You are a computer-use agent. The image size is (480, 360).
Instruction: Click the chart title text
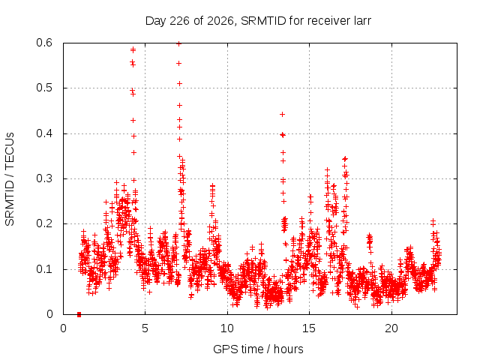[258, 21]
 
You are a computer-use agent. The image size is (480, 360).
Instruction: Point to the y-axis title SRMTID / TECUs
[10, 179]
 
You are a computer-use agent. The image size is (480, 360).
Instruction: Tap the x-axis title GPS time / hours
[258, 349]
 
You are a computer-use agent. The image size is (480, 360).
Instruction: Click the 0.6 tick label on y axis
[44, 43]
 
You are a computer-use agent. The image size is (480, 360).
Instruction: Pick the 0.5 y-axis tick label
[44, 88]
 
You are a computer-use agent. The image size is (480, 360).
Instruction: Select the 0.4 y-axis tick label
[44, 133]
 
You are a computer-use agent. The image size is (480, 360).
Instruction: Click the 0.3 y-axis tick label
[44, 178]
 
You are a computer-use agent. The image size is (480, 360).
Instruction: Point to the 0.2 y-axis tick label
[44, 223]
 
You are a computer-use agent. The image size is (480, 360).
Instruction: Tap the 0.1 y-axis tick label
[44, 269]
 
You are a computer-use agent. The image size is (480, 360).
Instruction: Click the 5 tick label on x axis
[145, 328]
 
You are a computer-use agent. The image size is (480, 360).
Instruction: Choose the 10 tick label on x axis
[227, 328]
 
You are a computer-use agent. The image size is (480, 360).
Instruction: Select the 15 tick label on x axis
[309, 328]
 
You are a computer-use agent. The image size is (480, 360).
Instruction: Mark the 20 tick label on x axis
[391, 328]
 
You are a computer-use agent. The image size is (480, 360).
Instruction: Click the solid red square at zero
[79, 314]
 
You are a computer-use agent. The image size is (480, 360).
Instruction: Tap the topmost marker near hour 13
[283, 114]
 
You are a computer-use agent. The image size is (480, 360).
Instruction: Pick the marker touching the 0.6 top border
[179, 43]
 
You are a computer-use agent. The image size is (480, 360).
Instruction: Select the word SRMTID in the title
[263, 21]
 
